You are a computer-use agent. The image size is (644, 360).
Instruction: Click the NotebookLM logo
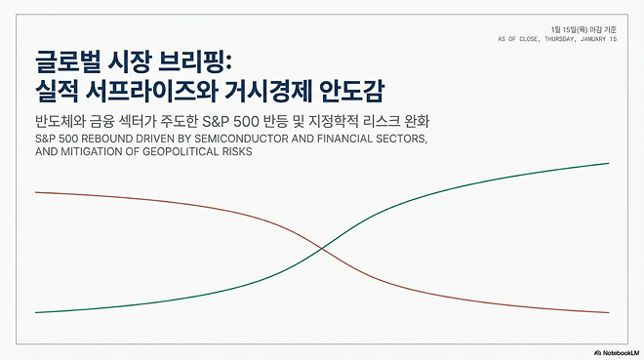(x=616, y=350)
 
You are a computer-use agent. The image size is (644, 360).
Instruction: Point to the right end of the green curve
(x=609, y=163)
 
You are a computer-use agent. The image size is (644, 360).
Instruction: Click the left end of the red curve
(x=36, y=192)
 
